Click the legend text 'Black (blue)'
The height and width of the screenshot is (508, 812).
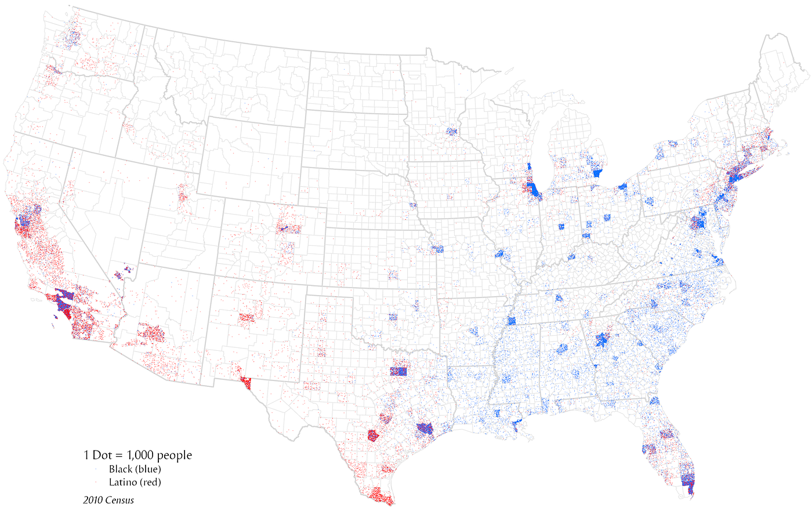point(135,469)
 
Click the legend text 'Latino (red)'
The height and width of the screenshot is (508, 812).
point(135,482)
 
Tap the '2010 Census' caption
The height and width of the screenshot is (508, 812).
point(108,500)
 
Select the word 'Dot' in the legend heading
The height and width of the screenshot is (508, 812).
point(101,455)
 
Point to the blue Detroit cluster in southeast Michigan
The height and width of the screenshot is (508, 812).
point(597,173)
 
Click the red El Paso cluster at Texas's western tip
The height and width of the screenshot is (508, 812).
point(245,383)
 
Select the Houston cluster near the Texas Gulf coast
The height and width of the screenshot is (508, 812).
point(425,429)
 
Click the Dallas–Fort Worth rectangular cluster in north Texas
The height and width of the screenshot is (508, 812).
point(400,371)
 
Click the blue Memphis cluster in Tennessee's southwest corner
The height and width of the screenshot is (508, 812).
point(512,321)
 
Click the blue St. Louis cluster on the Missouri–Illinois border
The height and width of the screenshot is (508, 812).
point(501,255)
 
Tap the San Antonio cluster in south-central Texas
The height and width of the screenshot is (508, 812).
point(374,436)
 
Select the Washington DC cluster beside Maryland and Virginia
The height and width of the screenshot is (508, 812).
point(698,222)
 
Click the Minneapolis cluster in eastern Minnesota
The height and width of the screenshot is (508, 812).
point(451,132)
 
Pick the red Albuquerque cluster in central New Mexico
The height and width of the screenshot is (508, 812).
point(247,318)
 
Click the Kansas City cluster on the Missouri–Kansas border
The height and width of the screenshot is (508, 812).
point(437,249)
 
